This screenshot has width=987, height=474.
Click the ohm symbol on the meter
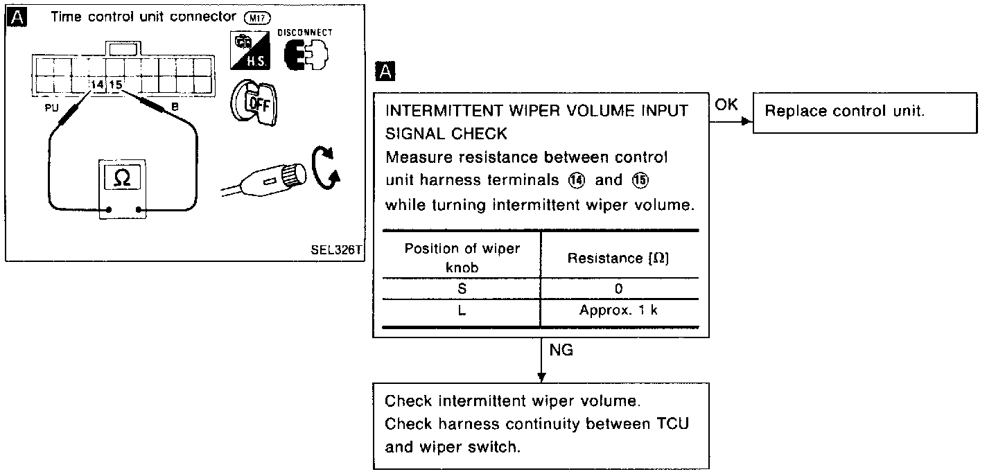click(121, 177)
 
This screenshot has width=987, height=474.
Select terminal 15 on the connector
click(116, 85)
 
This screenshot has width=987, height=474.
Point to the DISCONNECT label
click(304, 32)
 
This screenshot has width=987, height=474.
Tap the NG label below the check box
click(561, 351)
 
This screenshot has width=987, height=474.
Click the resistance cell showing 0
click(618, 288)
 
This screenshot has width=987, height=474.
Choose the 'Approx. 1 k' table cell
click(618, 310)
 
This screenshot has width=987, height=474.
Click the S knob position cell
click(462, 288)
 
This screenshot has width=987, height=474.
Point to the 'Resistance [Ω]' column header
click(618, 258)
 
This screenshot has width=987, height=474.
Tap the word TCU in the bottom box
click(673, 424)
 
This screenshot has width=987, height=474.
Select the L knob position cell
click(462, 310)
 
